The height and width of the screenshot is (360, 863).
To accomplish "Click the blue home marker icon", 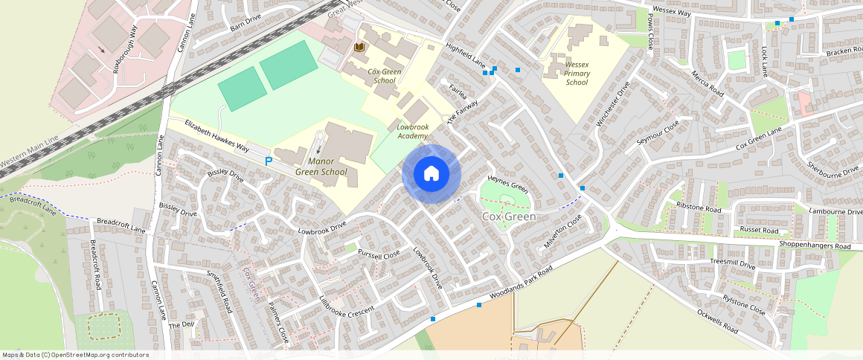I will coord(431,174).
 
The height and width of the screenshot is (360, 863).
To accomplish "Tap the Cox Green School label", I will coord(385,76).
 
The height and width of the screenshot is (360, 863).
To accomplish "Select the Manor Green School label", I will coord(321,167).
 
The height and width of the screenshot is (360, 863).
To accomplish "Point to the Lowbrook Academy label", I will coord(412,132).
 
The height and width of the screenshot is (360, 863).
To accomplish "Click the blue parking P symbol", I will coord(269,161).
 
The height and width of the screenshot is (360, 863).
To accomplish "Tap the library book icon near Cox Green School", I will coord(359,48).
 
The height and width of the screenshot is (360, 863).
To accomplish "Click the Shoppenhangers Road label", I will coord(814,245).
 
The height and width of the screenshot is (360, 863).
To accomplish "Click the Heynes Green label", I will coord(507,184).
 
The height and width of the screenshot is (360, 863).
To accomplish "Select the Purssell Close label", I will coord(379,254).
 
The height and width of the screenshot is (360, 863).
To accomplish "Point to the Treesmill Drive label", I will coord(733,263).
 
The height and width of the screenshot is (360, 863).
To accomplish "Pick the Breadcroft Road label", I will coord(95,265).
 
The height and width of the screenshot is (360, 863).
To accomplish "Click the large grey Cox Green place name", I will coord(509,216).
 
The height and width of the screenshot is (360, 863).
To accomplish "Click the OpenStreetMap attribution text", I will coord(74,355).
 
